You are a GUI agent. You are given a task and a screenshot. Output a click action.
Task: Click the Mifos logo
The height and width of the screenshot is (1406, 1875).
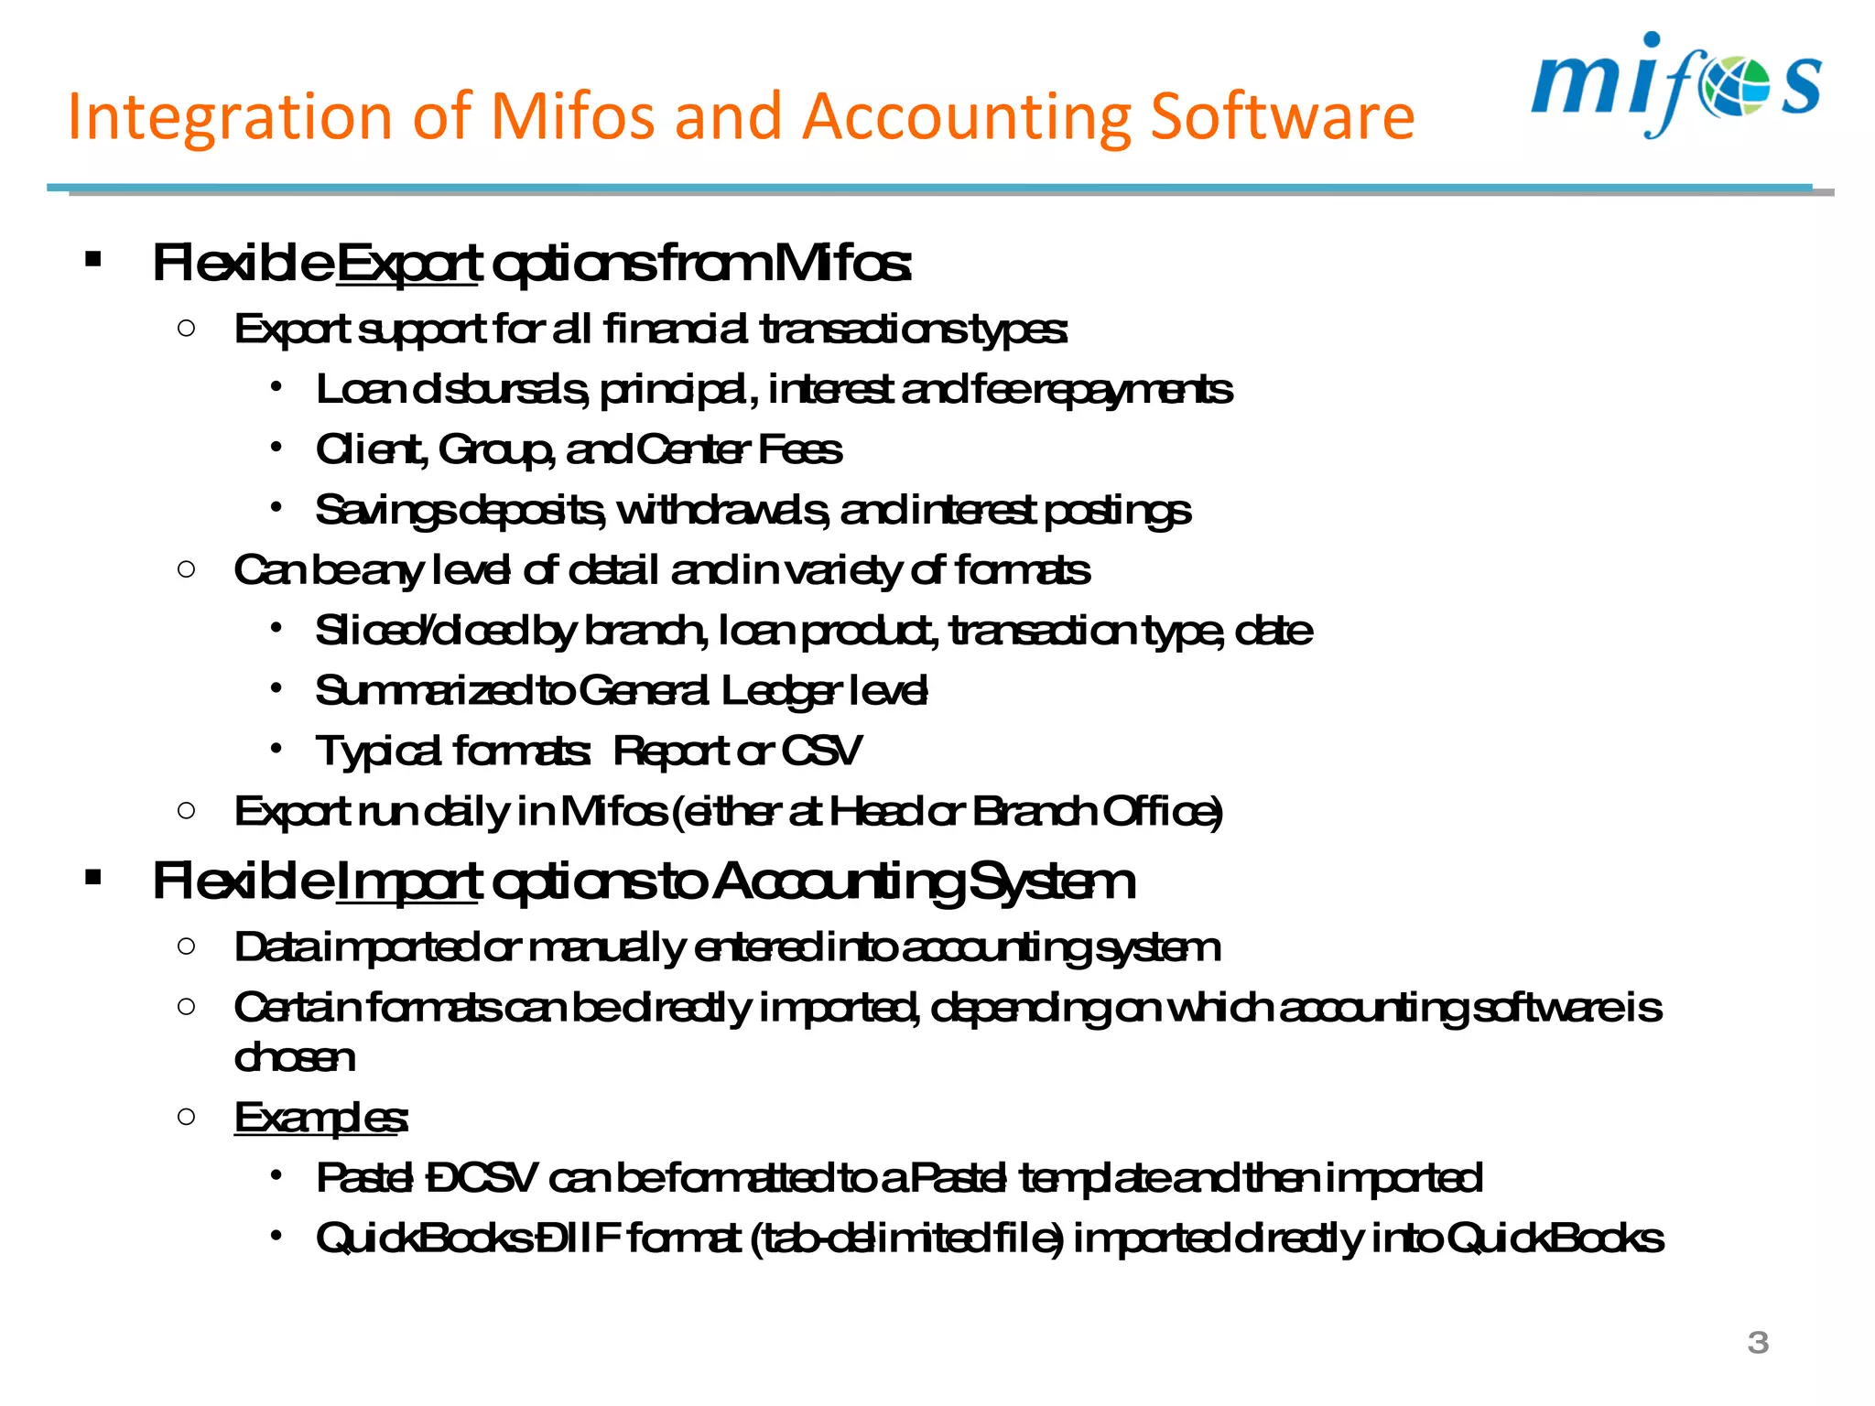[x=1675, y=84]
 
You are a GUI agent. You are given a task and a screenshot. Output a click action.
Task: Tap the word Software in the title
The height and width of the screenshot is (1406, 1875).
[x=1282, y=117]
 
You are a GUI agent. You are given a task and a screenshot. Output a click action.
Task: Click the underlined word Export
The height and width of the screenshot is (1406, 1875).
[x=408, y=263]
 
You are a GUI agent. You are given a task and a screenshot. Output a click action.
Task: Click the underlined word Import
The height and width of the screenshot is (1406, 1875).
[x=408, y=881]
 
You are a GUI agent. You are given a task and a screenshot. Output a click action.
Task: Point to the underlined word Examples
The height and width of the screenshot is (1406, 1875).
[x=320, y=1118]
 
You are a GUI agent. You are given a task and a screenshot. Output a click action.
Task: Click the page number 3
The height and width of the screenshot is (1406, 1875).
[x=1757, y=1343]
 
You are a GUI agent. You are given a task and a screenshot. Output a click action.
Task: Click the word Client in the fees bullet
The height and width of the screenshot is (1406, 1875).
[x=368, y=449]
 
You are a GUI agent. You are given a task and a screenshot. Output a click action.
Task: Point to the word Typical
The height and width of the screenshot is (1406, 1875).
[x=379, y=752]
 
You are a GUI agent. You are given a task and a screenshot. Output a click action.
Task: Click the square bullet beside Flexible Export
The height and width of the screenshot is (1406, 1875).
[x=92, y=260]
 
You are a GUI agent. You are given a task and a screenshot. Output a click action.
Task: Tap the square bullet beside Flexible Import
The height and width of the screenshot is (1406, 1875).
[x=92, y=879]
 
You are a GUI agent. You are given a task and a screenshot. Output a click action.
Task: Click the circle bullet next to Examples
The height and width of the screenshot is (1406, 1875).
[x=187, y=1116]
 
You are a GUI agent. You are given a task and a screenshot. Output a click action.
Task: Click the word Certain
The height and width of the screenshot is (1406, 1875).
[x=296, y=1008]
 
